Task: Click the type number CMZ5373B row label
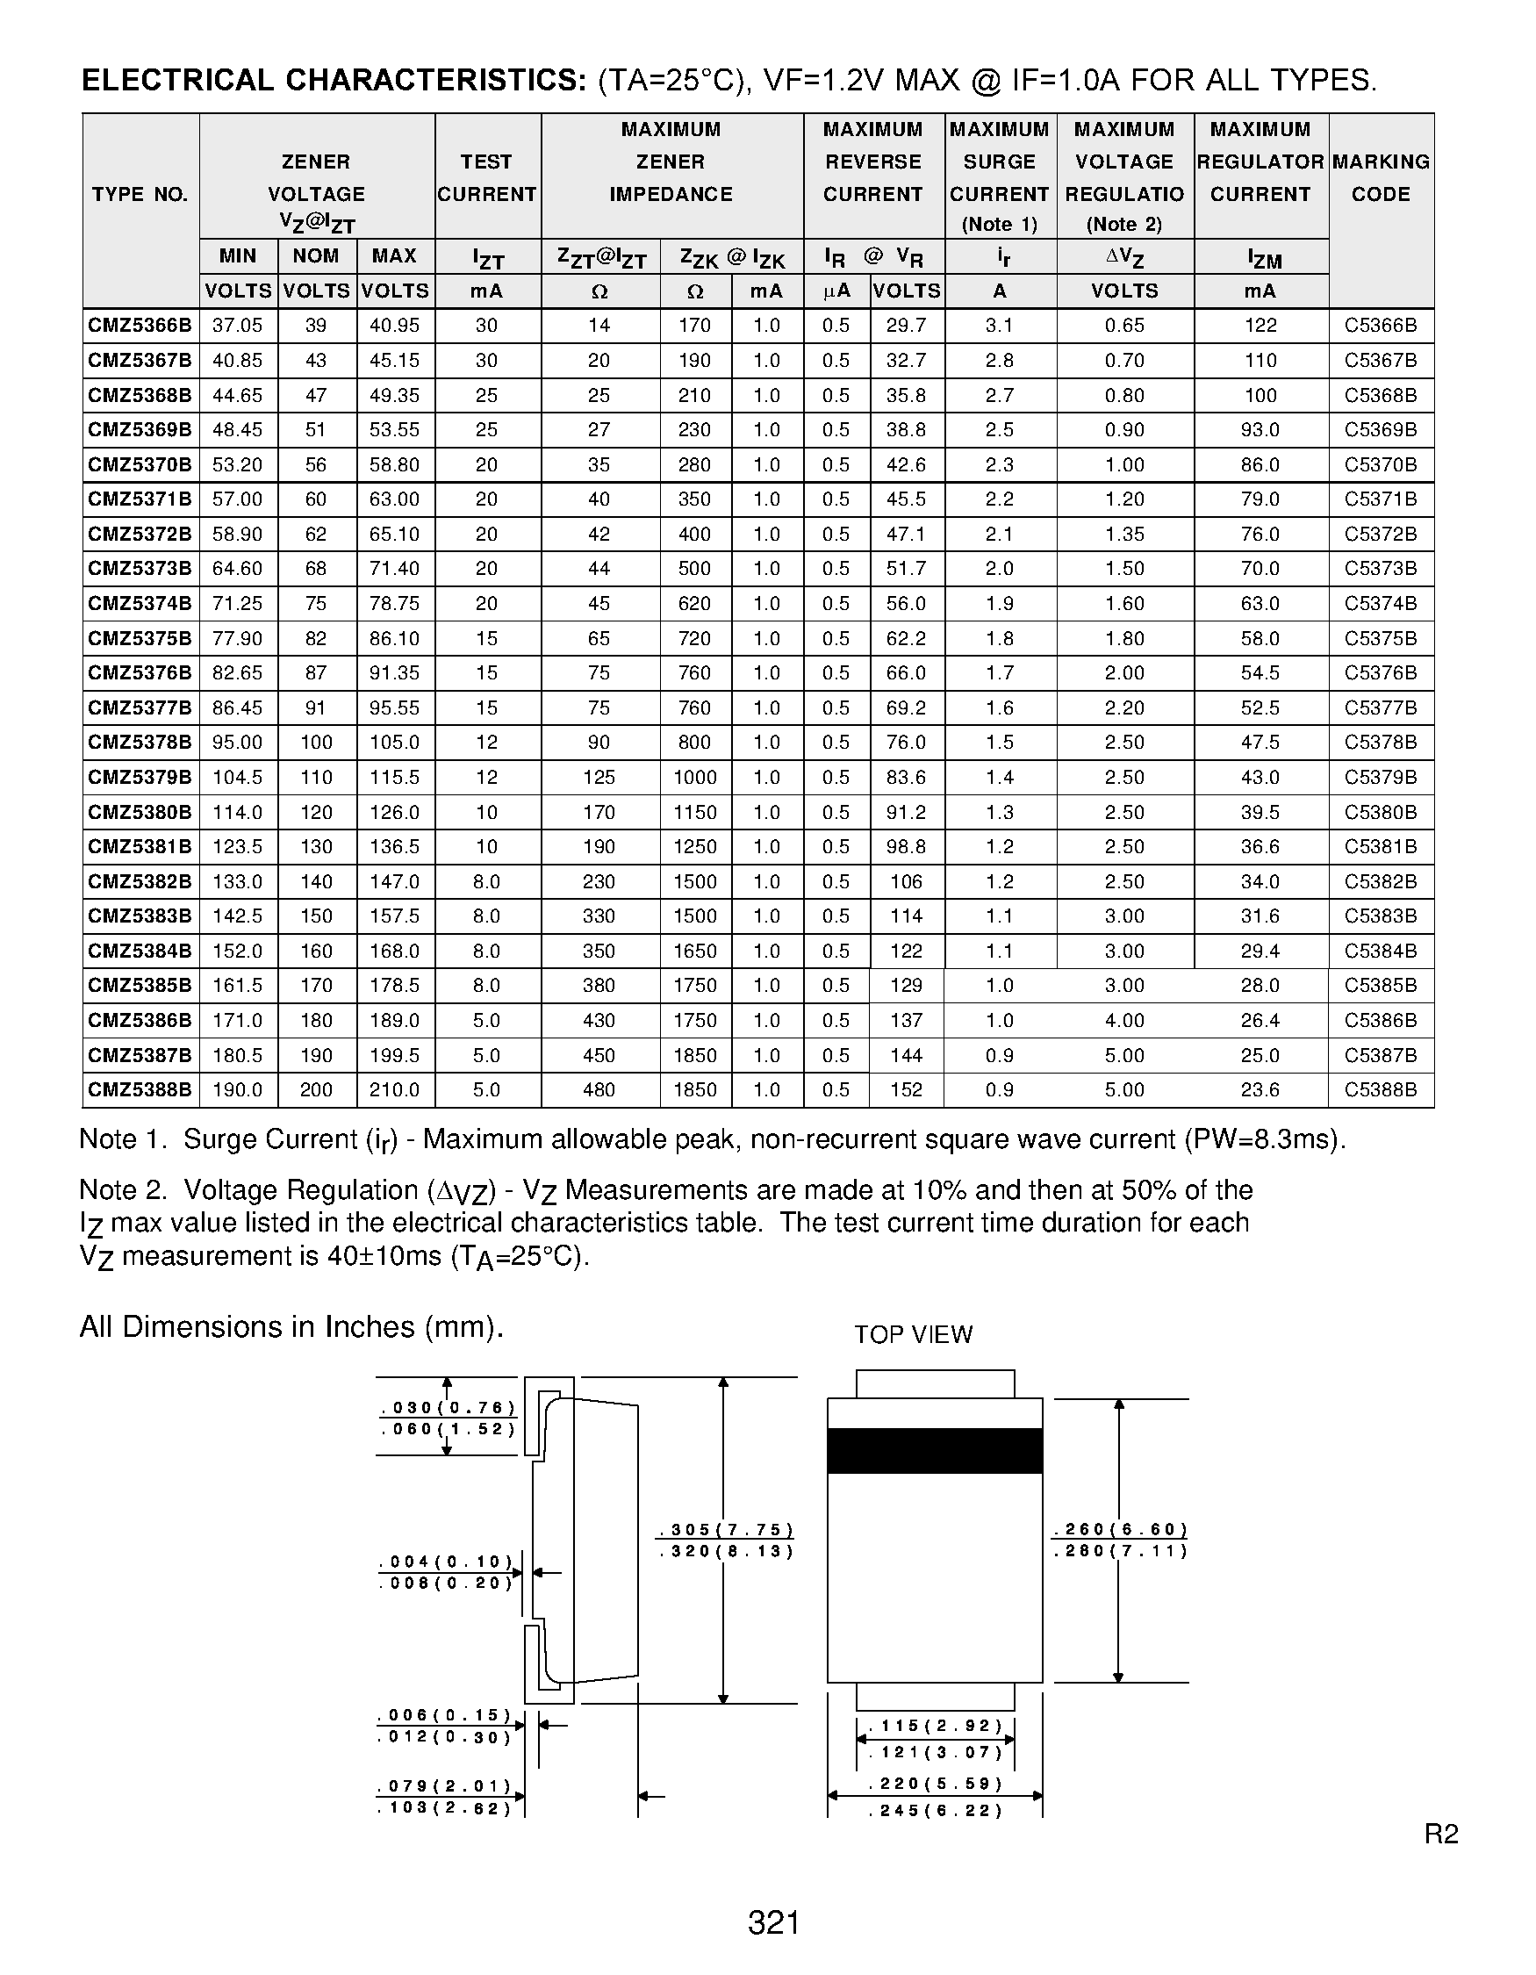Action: point(140,569)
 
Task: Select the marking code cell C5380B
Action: point(1381,812)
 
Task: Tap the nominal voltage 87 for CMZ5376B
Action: point(315,672)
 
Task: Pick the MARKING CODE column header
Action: point(1381,178)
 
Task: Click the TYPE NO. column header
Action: point(140,194)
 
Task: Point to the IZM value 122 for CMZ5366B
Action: point(1260,326)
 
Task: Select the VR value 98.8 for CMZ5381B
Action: point(906,847)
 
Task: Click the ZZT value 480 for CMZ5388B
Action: point(599,1090)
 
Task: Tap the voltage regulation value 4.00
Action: point(1123,1021)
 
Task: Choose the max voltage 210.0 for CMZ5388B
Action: point(394,1090)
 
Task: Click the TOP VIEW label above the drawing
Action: point(913,1335)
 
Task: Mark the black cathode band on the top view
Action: point(935,1450)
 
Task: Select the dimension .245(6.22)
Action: point(936,1810)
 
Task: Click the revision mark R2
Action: point(1441,1834)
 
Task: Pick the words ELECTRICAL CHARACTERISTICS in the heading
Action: point(334,81)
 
